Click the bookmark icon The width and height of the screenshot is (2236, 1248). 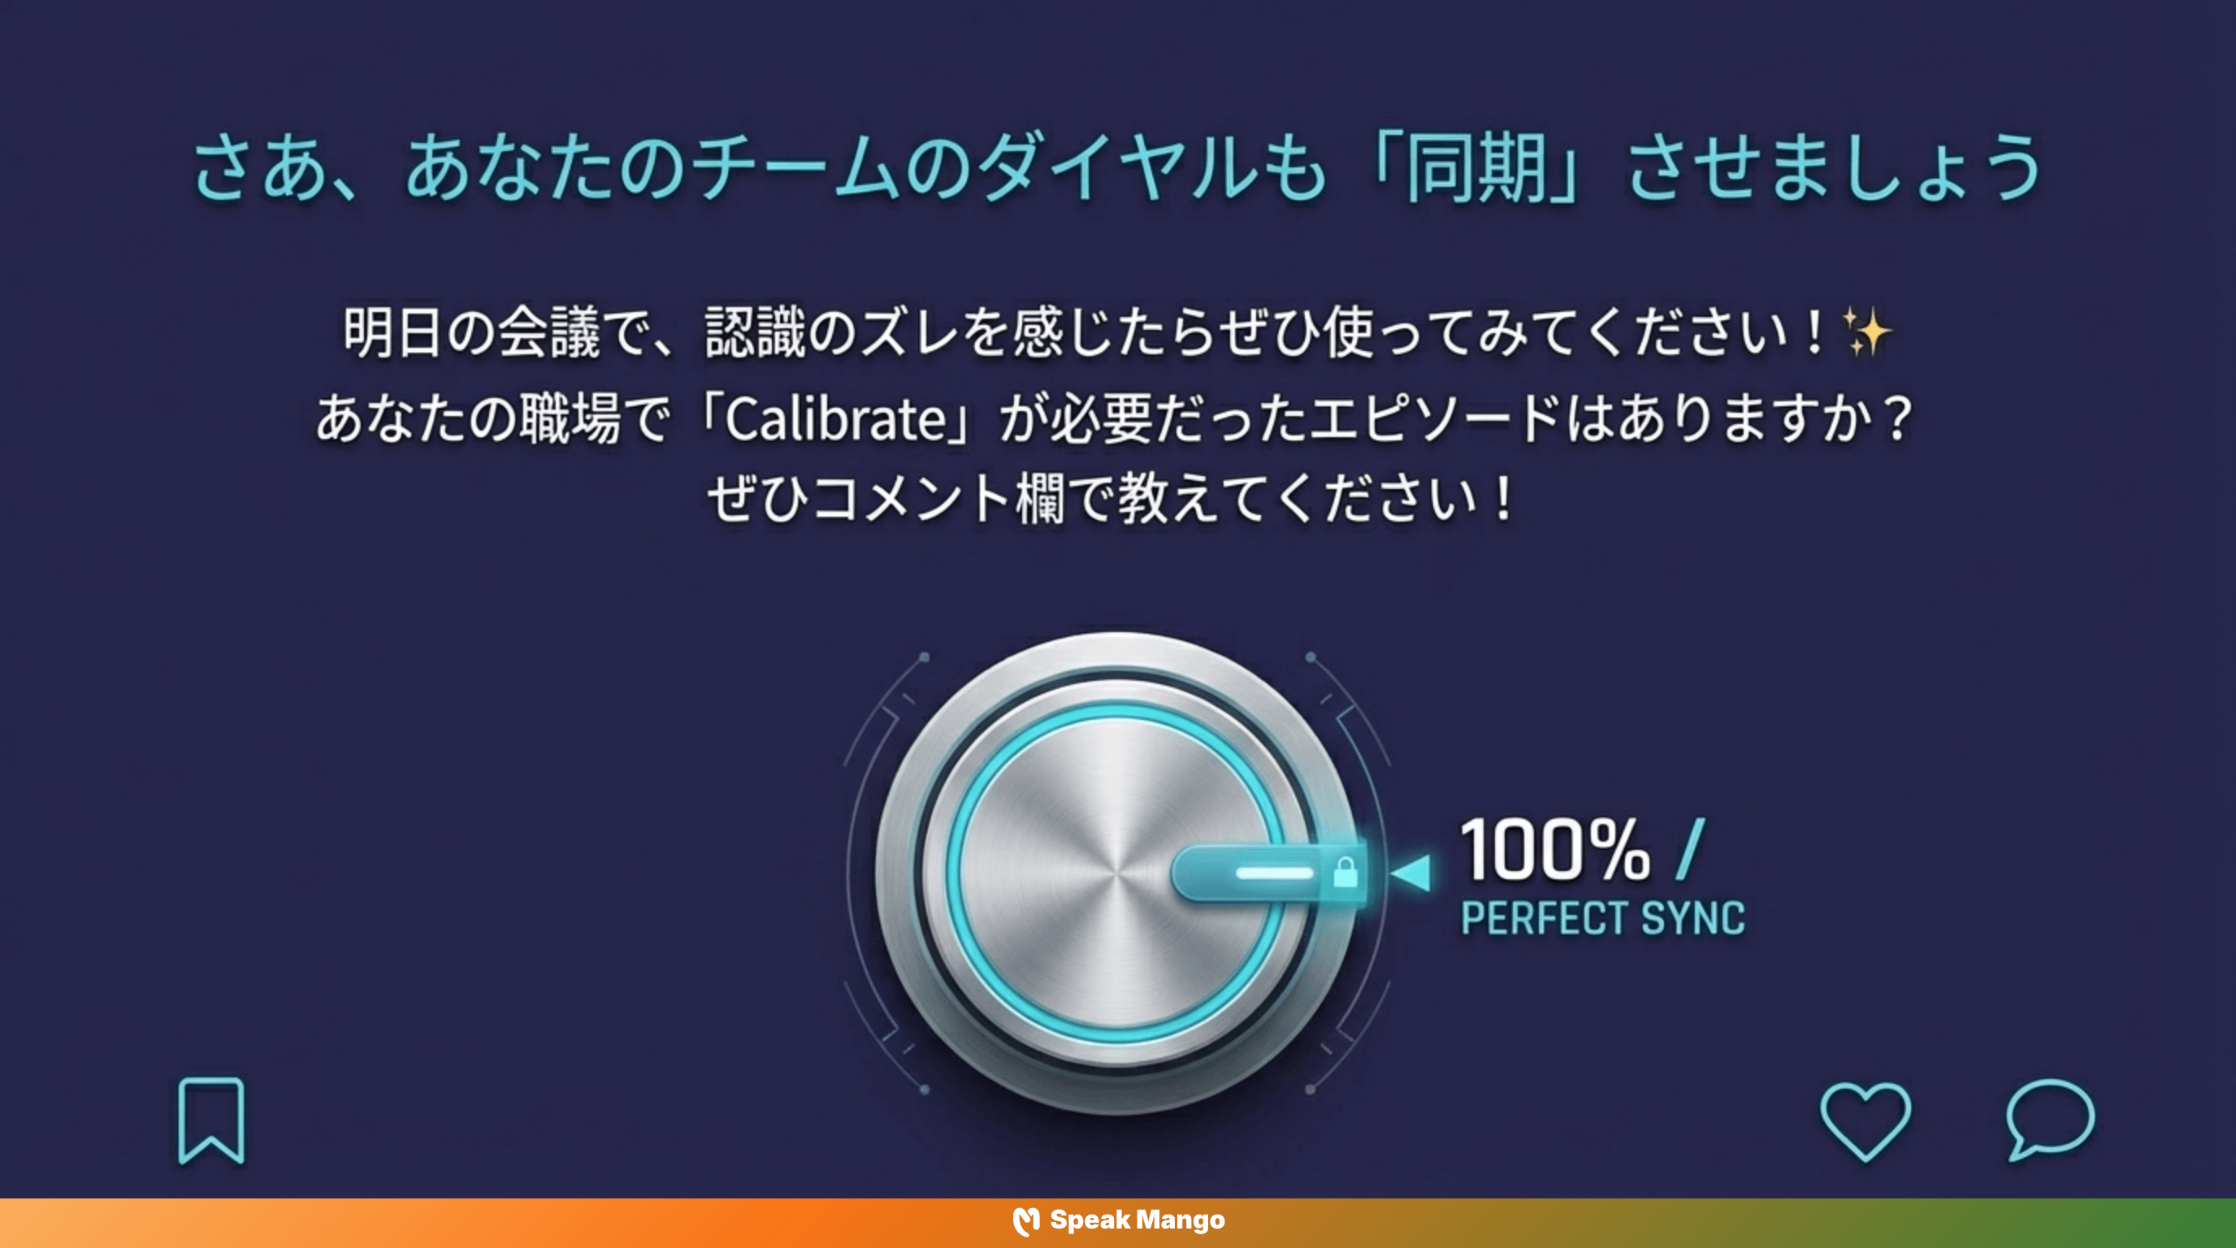pyautogui.click(x=211, y=1120)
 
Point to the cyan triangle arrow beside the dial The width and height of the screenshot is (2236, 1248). pyautogui.click(x=1412, y=872)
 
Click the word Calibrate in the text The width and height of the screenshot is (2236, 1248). pyautogui.click(x=835, y=420)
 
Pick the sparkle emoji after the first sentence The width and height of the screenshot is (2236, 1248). pyautogui.click(x=1866, y=331)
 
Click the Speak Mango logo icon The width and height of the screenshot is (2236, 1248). pyautogui.click(x=1026, y=1221)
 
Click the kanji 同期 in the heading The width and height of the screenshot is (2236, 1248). pyautogui.click(x=1475, y=168)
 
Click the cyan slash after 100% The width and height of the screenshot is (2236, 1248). pyautogui.click(x=1691, y=849)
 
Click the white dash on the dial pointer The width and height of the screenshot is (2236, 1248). pyautogui.click(x=1274, y=872)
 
